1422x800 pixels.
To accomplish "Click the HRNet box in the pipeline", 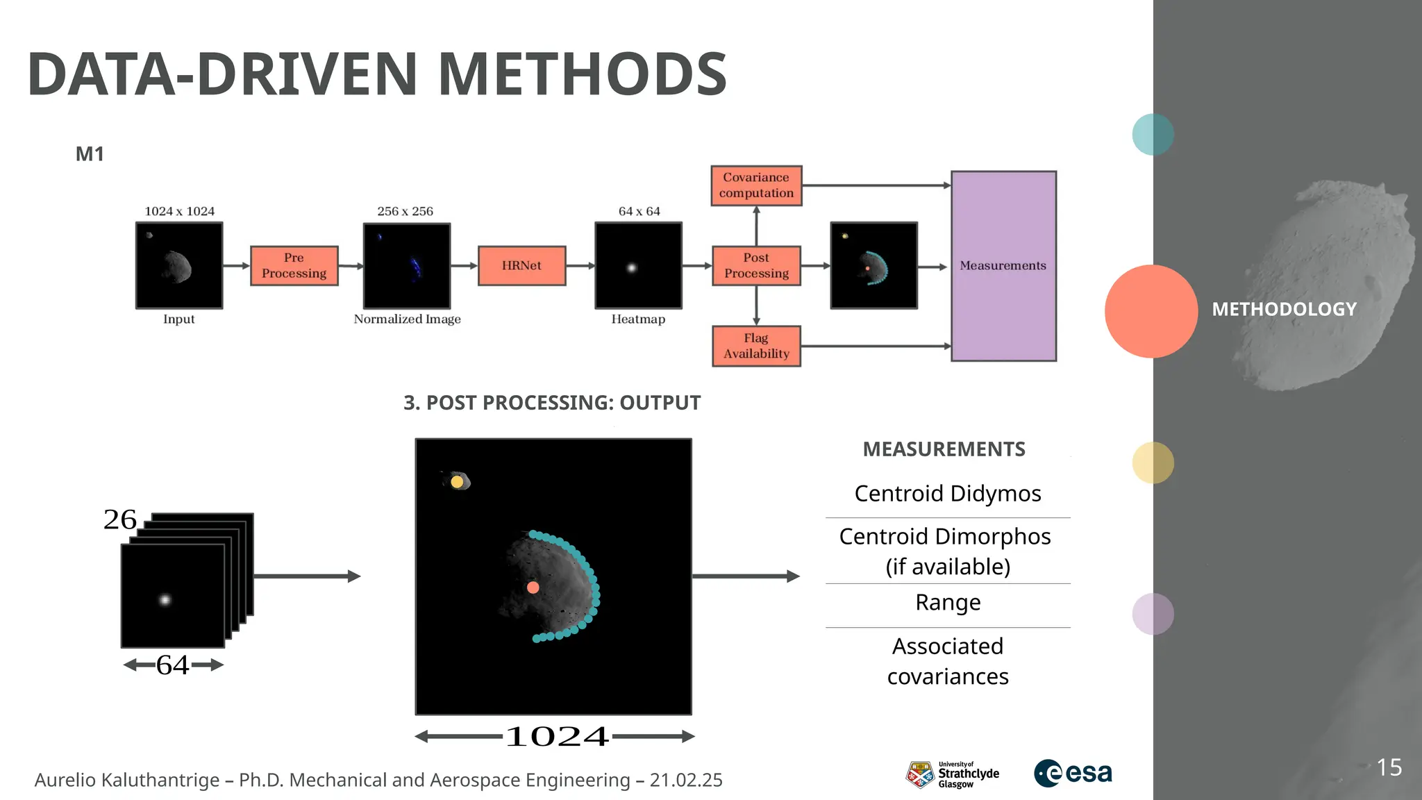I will pyautogui.click(x=521, y=265).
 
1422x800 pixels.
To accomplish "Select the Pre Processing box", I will pyautogui.click(x=294, y=265).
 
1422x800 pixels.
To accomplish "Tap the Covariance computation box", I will pyautogui.click(x=756, y=185).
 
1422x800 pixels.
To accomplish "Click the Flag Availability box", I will pyautogui.click(x=756, y=346).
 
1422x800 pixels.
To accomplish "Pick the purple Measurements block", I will pyautogui.click(x=1003, y=266).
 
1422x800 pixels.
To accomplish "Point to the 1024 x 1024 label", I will pyautogui.click(x=179, y=211).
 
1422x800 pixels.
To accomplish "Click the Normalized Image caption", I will pyautogui.click(x=407, y=319).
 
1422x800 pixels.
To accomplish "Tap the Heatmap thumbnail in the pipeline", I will pyautogui.click(x=638, y=265).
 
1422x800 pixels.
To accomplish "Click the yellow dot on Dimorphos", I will pyautogui.click(x=457, y=481).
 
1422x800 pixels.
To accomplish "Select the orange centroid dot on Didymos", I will pyautogui.click(x=533, y=587).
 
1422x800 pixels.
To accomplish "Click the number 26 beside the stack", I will pyautogui.click(x=119, y=519).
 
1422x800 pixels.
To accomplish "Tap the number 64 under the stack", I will pyautogui.click(x=172, y=665).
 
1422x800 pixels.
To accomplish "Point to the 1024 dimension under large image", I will pyautogui.click(x=556, y=737).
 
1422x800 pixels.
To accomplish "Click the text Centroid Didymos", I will pyautogui.click(x=947, y=493).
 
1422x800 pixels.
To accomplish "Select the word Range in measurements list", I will pyautogui.click(x=948, y=602).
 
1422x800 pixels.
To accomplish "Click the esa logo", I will pyautogui.click(x=1073, y=773).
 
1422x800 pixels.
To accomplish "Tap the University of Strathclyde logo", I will pyautogui.click(x=952, y=774).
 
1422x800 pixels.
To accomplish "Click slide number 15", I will pyautogui.click(x=1389, y=767).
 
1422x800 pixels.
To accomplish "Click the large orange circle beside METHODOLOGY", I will pyautogui.click(x=1151, y=311).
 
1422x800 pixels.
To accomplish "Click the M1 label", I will pyautogui.click(x=90, y=154).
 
